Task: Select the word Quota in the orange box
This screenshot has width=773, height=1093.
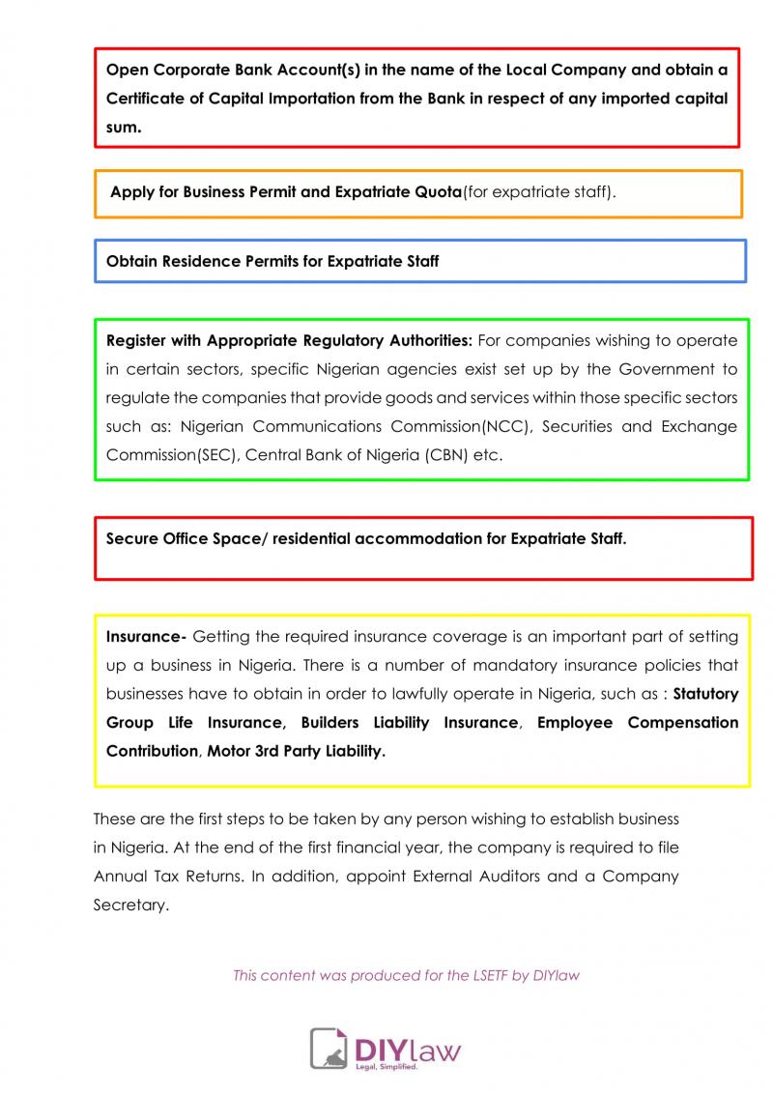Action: tap(438, 191)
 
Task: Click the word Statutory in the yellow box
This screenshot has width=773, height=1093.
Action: tap(705, 694)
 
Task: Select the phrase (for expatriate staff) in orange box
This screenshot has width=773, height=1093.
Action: tap(539, 191)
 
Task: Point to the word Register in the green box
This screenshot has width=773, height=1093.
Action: tap(135, 340)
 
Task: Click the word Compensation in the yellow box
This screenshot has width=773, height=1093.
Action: tap(683, 723)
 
